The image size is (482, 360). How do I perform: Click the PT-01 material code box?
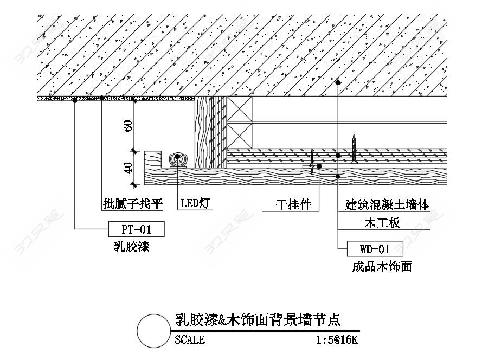(x=137, y=229)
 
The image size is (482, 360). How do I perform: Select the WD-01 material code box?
(x=375, y=249)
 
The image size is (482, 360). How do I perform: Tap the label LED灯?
(x=195, y=203)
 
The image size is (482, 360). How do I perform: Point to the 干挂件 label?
(x=293, y=204)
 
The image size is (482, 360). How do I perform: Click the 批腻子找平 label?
(x=133, y=203)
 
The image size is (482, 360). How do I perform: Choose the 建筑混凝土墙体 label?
(x=387, y=204)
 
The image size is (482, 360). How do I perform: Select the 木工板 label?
(x=382, y=223)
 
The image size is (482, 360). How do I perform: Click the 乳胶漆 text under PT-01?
(x=132, y=247)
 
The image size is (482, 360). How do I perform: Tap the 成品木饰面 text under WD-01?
(x=382, y=267)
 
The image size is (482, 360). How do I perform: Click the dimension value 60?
(x=128, y=126)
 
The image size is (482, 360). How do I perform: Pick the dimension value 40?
(x=128, y=168)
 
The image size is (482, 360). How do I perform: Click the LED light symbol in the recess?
(x=178, y=159)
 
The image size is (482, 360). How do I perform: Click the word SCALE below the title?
(x=190, y=340)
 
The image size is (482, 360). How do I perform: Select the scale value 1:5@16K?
(x=337, y=340)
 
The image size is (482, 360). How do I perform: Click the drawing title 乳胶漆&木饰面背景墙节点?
(x=258, y=320)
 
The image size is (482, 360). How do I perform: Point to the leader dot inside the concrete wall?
(x=338, y=82)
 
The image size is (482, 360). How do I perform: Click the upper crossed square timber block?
(x=240, y=110)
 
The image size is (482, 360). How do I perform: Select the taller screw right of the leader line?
(x=354, y=149)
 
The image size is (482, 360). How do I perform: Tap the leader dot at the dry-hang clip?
(x=319, y=166)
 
